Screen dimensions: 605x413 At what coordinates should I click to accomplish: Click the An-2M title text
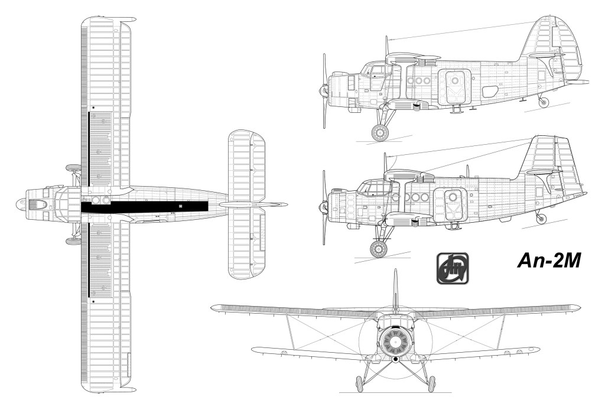549,261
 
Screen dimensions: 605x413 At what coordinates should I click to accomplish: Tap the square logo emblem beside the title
453,269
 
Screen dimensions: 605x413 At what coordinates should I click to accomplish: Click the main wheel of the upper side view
380,132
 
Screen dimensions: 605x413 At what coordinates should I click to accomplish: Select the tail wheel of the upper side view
544,102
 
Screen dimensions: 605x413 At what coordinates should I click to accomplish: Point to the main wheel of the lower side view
379,248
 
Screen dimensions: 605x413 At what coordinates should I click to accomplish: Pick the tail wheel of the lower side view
542,219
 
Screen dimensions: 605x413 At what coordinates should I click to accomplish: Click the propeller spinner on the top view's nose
20,203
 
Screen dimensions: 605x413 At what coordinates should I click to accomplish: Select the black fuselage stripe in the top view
144,207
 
